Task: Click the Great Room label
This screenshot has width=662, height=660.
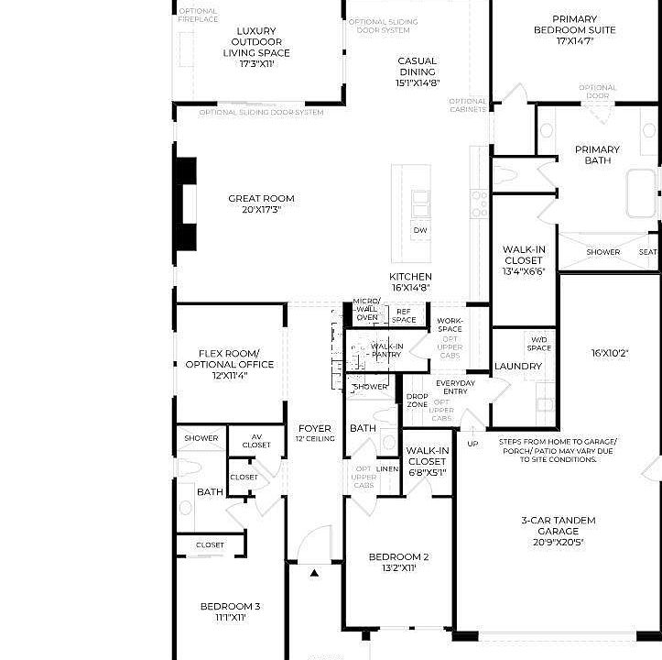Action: (261, 203)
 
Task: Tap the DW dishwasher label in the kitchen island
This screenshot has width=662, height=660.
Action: (419, 230)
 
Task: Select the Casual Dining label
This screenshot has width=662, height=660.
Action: (417, 71)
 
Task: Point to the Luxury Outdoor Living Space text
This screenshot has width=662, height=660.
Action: (256, 48)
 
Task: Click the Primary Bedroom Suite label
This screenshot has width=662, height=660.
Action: (575, 29)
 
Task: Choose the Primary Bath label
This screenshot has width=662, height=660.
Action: (597, 155)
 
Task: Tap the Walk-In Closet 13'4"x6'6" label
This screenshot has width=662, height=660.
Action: (523, 260)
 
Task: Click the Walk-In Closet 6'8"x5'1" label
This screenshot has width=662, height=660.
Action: (427, 461)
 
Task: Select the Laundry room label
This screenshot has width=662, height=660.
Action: (518, 366)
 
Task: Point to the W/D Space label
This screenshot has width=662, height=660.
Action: (539, 343)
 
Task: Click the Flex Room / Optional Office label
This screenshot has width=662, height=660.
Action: (229, 364)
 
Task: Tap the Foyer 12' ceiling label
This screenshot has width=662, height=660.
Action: (315, 433)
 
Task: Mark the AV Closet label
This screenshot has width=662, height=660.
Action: (256, 441)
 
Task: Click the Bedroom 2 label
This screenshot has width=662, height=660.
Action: (398, 562)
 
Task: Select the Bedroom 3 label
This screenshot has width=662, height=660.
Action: (230, 611)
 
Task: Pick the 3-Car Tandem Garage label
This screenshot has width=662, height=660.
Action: (558, 531)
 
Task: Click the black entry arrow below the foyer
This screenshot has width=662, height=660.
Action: (314, 573)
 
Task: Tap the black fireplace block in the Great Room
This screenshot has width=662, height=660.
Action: (186, 203)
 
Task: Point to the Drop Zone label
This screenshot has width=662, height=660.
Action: (417, 401)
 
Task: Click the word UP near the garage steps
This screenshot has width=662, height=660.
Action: (472, 444)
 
